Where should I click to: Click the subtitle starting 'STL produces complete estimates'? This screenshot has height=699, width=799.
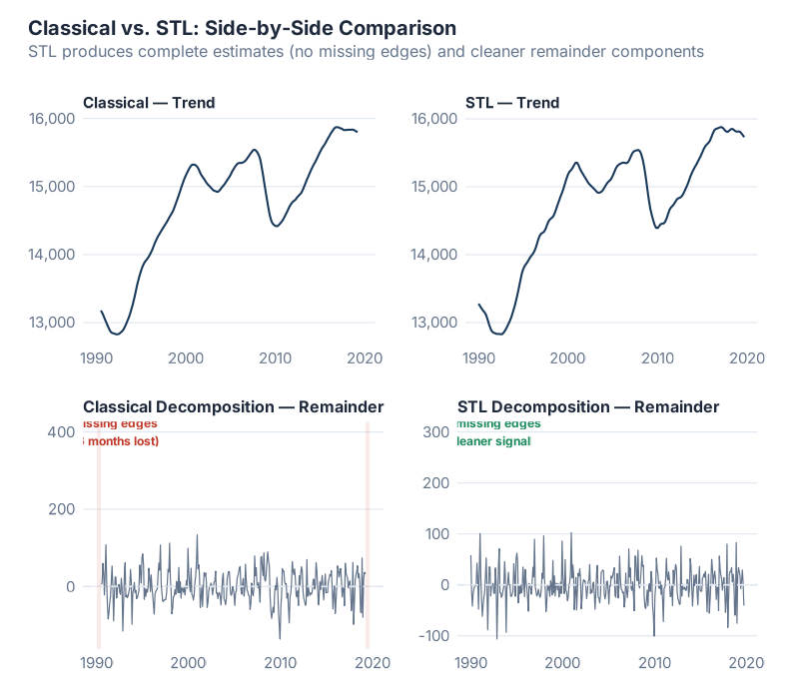tap(367, 51)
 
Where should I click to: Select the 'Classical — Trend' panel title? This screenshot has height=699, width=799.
tap(149, 103)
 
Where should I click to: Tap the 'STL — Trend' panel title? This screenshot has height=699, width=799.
tap(512, 103)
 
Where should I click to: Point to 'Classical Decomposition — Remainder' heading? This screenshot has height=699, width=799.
tap(233, 407)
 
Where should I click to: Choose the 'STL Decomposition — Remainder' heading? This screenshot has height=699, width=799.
tap(588, 407)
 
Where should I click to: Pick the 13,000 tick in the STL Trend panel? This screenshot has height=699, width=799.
tap(432, 323)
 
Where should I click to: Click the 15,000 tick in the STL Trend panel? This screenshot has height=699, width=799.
tap(432, 187)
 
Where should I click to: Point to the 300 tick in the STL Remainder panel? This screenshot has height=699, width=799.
tap(435, 431)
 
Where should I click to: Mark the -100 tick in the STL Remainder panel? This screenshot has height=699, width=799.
tap(431, 636)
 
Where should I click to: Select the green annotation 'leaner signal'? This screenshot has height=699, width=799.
tap(494, 441)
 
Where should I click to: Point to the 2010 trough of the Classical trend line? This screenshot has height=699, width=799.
tap(277, 227)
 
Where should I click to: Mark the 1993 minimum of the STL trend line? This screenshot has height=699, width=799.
tap(500, 335)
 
